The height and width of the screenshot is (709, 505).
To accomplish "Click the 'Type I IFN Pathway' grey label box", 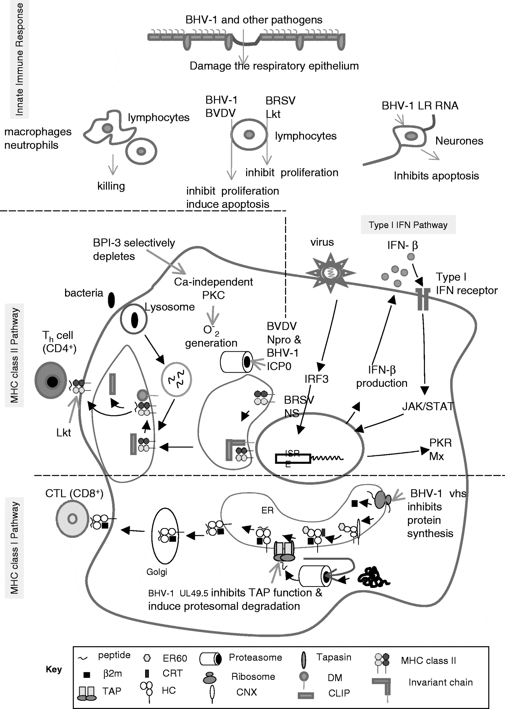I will (408, 225).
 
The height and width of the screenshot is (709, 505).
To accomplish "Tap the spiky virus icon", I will (325, 273).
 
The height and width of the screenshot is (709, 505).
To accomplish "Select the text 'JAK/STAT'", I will (428, 406).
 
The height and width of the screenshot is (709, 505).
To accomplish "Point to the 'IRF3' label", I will (316, 379).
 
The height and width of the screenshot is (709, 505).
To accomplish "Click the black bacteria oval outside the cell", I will (111, 300).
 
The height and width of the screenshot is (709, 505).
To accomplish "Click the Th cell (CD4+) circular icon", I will (51, 380).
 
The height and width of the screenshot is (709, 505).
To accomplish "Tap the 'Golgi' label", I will (157, 571).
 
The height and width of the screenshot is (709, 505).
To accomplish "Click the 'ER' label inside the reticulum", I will (267, 510).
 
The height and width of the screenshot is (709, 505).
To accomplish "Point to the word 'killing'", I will (111, 186).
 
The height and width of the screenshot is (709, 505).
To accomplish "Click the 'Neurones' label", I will (459, 141).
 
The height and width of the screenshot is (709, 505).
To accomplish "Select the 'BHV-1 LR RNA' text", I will (420, 106).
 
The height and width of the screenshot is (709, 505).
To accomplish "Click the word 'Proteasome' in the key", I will (255, 657).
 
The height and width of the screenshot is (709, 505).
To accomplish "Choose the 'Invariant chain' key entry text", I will (440, 682).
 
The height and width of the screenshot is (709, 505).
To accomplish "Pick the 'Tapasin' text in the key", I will (334, 657).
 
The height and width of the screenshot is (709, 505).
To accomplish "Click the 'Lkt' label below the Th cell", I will (64, 433).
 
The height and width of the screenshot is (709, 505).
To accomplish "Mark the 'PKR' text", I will (440, 443).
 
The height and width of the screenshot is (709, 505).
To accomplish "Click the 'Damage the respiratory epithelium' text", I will (274, 66).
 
